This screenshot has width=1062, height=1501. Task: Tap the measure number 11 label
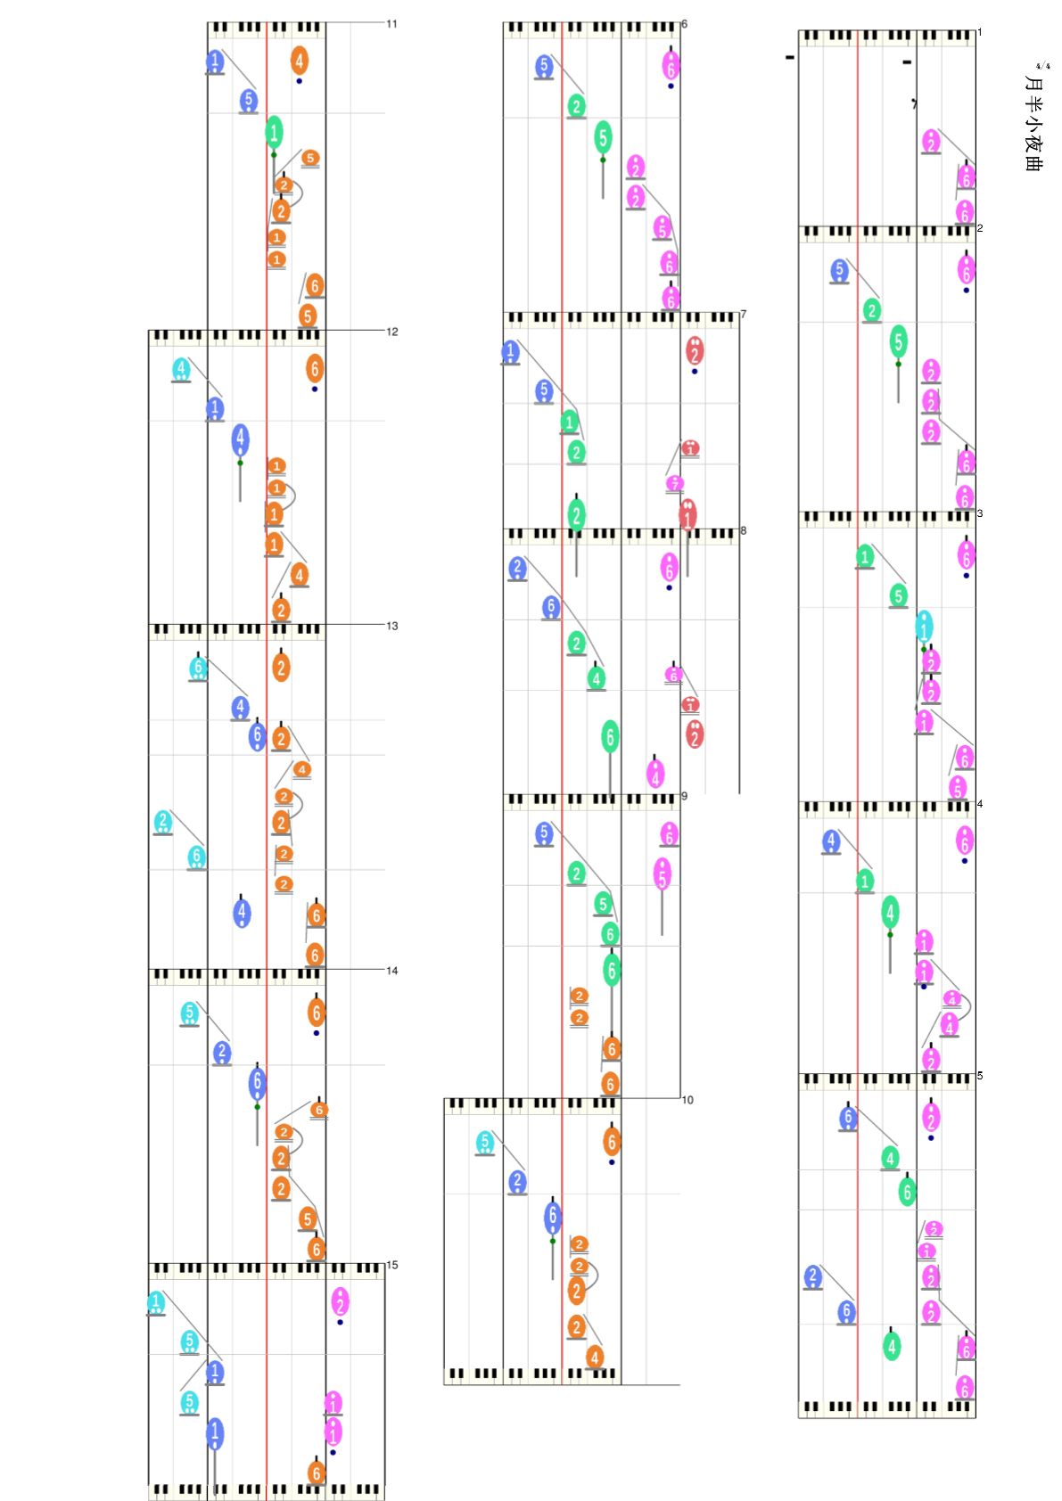coord(391,24)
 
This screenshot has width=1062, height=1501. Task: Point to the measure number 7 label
coord(744,315)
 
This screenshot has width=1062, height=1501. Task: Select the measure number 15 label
coord(392,1265)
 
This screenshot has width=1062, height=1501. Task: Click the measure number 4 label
coord(980,804)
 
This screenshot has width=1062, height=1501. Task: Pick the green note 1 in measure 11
coord(274,132)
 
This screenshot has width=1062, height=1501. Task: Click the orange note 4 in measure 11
coord(300,61)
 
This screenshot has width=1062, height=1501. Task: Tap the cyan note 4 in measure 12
coord(181,368)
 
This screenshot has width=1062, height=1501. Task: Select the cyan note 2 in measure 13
coord(162,821)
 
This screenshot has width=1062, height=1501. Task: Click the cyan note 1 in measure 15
coord(156,1302)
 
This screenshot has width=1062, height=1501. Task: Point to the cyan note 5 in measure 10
coord(484,1142)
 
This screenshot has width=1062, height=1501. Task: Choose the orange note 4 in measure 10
coord(595,1357)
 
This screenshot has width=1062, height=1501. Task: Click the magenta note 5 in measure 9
coord(662,874)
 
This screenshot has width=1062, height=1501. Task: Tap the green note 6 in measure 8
coord(610,736)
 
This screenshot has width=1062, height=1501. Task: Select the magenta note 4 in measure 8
coord(655,773)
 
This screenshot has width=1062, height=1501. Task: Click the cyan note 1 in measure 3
coord(925,626)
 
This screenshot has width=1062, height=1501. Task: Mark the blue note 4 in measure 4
coord(831,841)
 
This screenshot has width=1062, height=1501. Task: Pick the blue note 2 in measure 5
coord(812,1276)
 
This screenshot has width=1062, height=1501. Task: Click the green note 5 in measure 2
coord(898,340)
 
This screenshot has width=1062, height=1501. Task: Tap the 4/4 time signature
coord(1041,66)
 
